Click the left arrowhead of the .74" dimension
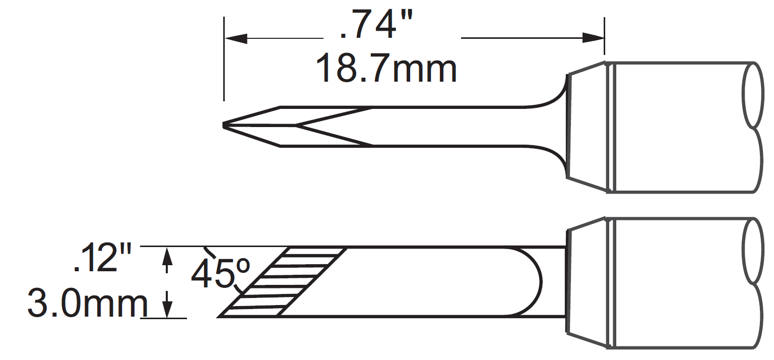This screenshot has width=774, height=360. point(236,38)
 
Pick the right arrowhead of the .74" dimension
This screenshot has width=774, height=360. point(593,38)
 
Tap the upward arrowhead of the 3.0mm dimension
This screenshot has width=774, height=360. point(168,257)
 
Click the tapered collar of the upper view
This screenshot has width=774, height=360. point(587,126)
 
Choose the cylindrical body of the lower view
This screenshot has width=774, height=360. point(675,282)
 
